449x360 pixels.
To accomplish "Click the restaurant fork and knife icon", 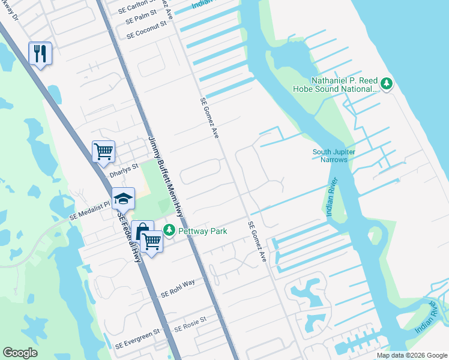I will [x=40, y=53].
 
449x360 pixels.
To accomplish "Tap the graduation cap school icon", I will [x=123, y=199].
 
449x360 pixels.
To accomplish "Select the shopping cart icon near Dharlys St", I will [x=103, y=151].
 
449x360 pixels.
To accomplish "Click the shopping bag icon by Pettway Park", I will [x=143, y=231].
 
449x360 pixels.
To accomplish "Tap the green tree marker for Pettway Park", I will [x=170, y=230].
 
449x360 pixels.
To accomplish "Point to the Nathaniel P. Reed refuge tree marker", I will [x=387, y=83].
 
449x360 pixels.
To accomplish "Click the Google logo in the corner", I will [x=20, y=353].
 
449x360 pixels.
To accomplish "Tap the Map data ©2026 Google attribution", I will [x=411, y=355].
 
